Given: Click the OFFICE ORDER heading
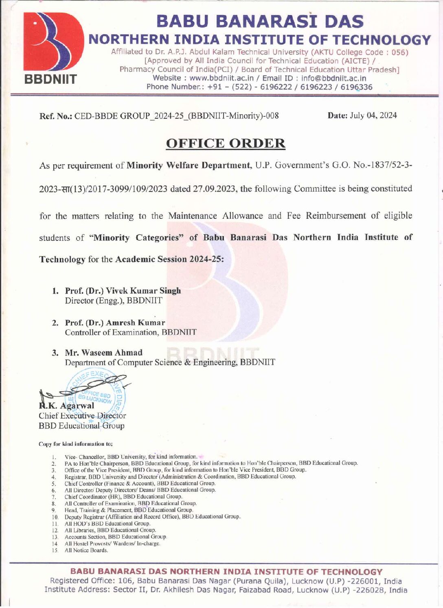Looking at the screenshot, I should pos(226,144).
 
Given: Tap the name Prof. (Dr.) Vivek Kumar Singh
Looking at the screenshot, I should pos(123,291).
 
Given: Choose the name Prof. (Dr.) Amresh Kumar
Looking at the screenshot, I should pos(115,323).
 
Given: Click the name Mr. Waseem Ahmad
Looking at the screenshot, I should pos(103,353).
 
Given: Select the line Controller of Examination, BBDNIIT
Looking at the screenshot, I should pos(130,333).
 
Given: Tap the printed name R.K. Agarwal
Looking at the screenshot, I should pos(66,405).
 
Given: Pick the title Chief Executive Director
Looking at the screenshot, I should pos(82,416).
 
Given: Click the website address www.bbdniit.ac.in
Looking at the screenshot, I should pos(221,78).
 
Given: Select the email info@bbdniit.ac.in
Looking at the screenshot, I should pos(333,78).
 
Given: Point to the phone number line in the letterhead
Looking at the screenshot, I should pos(259,87).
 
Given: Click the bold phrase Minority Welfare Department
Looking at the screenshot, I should pos(189,166).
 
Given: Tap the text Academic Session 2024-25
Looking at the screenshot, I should pos(169,259).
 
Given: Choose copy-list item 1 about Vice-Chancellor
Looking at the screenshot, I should pos(131,457).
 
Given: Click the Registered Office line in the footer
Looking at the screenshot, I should pos(226,582).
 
